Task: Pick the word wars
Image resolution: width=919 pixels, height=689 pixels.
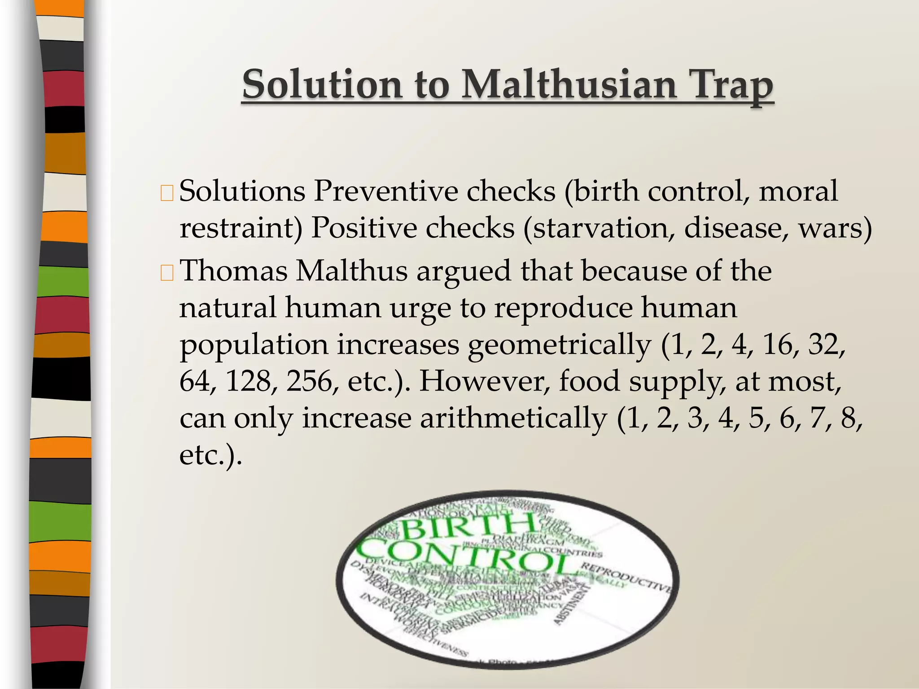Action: coord(835,228)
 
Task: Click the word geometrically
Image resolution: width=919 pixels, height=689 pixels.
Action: coord(559,345)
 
